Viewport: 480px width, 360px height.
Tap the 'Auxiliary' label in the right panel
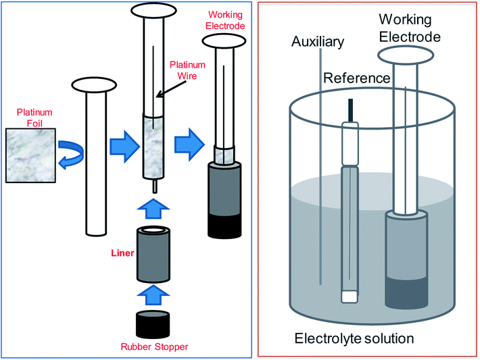pyautogui.click(x=318, y=43)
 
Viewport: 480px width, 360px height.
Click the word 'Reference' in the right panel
pyautogui.click(x=356, y=78)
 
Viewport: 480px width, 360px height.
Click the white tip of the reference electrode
pyautogui.click(x=349, y=296)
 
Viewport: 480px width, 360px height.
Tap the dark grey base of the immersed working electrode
pyautogui.click(x=405, y=291)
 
